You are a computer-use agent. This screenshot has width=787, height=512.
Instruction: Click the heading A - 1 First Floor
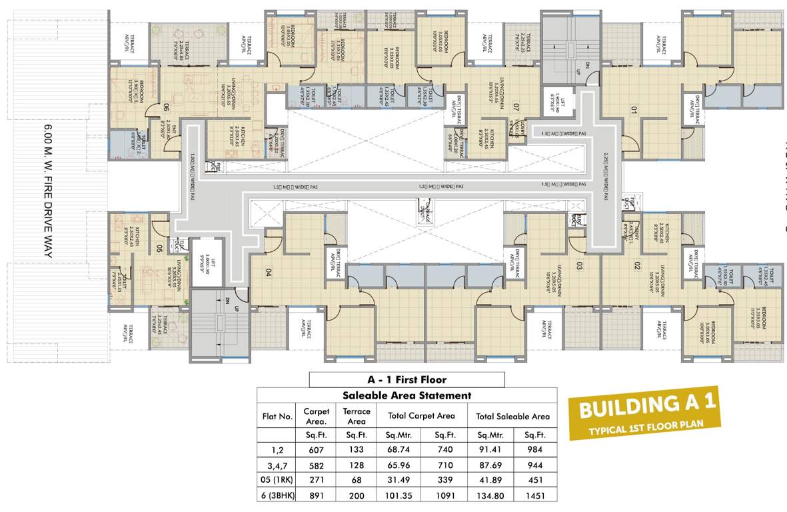pos(406,380)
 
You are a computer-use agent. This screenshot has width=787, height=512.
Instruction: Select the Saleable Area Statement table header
pos(406,395)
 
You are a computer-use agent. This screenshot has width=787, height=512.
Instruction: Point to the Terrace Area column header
pos(357,416)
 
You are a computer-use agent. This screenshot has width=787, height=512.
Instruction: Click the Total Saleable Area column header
pos(512,416)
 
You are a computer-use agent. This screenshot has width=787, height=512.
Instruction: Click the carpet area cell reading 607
pos(315,450)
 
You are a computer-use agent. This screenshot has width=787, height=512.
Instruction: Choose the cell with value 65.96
pos(399,465)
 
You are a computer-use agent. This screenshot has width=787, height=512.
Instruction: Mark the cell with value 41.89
pos(490,480)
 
